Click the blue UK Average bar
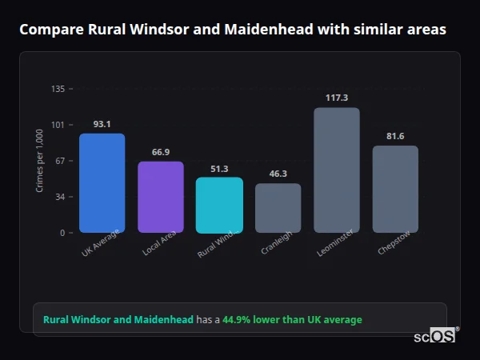[102, 183]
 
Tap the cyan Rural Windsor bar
[219, 205]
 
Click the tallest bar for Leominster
[337, 170]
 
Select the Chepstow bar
[395, 189]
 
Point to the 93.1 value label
[102, 124]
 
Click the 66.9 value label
[161, 152]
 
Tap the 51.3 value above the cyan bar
[219, 169]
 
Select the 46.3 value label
[278, 174]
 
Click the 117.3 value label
[337, 98]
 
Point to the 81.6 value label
[395, 136]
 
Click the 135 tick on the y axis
[58, 89]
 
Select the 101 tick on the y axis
[58, 125]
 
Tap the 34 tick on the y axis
[59, 197]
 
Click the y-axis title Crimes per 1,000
[39, 160]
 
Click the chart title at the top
[233, 30]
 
